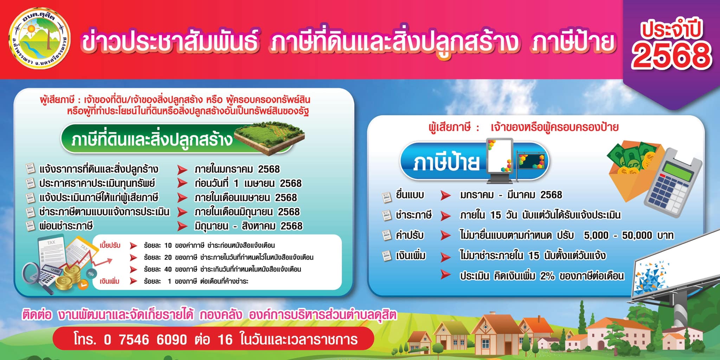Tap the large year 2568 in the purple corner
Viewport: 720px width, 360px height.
point(671,55)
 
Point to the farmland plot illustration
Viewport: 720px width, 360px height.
point(269,137)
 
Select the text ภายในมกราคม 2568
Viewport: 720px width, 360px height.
point(237,169)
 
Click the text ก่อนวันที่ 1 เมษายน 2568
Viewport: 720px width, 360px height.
point(248,184)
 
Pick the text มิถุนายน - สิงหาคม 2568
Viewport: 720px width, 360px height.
point(248,226)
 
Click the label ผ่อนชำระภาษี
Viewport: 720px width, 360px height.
point(66,226)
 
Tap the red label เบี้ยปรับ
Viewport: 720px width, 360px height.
point(110,245)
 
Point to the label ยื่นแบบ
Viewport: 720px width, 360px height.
point(410,195)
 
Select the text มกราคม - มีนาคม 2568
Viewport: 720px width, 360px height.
point(511,195)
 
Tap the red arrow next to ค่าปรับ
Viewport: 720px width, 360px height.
point(446,235)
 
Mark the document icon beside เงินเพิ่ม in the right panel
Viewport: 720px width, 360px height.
point(387,256)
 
